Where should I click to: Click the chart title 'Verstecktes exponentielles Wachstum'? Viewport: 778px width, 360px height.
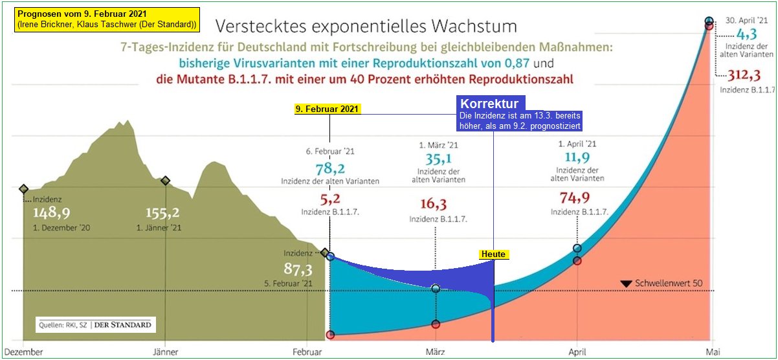[x=366, y=27]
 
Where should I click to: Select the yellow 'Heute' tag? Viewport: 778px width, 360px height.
[x=493, y=254]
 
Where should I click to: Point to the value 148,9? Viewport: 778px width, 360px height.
[x=52, y=213]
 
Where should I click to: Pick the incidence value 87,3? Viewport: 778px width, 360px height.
[x=298, y=269]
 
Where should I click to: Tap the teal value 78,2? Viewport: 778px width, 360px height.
[x=330, y=168]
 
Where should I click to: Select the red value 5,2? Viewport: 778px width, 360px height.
[x=330, y=197]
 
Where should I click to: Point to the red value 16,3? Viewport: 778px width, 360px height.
[x=434, y=205]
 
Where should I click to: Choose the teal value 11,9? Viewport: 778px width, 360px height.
[x=577, y=159]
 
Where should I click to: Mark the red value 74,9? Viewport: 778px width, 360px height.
[x=577, y=197]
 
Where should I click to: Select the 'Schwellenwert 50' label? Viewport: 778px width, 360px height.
[x=669, y=284]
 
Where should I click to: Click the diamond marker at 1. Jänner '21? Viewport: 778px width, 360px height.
[x=166, y=181]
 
